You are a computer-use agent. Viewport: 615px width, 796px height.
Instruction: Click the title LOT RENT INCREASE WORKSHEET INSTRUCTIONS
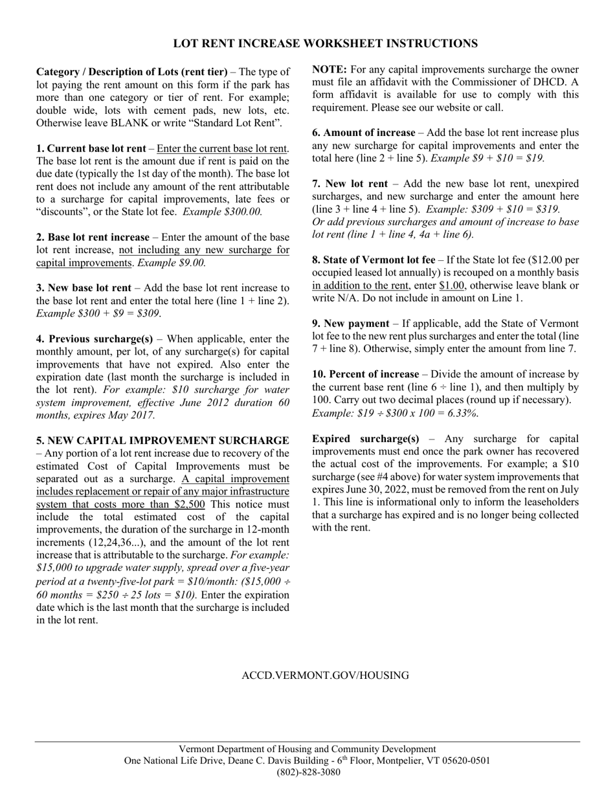(325, 43)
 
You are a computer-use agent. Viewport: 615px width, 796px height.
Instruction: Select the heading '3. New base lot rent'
(84, 288)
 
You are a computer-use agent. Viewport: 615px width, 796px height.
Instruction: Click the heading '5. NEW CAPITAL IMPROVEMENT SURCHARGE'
(162, 441)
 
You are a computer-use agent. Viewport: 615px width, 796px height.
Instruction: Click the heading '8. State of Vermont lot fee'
(374, 260)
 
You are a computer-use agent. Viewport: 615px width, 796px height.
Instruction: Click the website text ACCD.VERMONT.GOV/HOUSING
(325, 676)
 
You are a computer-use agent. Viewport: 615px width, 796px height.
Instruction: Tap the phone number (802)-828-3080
(308, 772)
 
